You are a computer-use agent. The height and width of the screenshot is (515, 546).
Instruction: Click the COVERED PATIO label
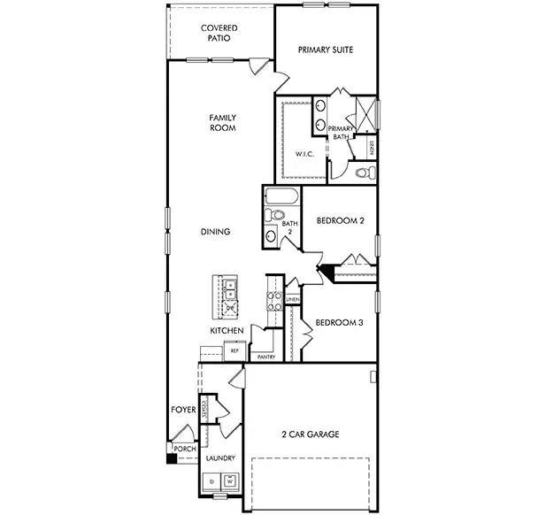click(x=219, y=33)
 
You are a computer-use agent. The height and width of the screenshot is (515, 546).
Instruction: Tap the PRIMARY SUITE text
click(x=326, y=50)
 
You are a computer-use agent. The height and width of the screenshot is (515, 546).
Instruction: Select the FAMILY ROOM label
click(x=221, y=122)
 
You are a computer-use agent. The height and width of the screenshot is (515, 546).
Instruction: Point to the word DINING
click(x=215, y=232)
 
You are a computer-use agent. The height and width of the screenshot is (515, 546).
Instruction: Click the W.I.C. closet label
click(x=304, y=154)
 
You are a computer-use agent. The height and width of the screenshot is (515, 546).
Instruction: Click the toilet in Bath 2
click(x=276, y=215)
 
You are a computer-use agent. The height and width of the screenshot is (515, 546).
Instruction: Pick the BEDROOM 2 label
click(x=340, y=220)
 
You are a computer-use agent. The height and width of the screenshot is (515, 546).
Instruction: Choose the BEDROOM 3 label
click(x=340, y=322)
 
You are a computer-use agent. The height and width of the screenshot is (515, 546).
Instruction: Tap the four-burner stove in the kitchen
click(x=274, y=301)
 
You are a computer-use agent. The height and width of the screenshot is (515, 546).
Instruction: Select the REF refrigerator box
click(x=235, y=350)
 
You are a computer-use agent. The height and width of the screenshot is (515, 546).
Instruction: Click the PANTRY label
click(x=265, y=357)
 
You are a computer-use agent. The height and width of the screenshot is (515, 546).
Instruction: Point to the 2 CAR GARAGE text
click(x=310, y=434)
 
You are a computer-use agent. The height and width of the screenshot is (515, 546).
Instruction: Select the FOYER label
click(x=183, y=410)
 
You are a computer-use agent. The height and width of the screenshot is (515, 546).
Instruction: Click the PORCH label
click(x=184, y=449)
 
